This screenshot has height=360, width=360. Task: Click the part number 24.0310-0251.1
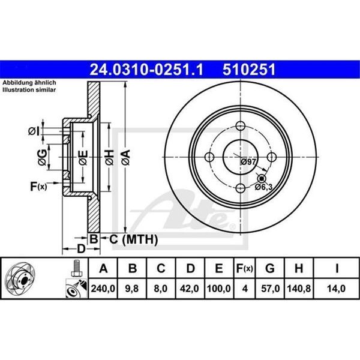tap(146, 70)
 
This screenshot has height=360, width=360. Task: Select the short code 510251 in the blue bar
tap(249, 70)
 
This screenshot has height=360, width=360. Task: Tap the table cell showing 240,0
tap(103, 289)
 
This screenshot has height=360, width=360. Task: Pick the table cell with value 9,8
tap(132, 289)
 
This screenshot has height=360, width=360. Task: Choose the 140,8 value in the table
tap(299, 289)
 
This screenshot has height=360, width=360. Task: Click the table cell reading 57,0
tap(270, 289)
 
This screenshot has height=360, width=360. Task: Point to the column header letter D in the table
tap(190, 268)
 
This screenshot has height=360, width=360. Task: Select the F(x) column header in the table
tap(245, 268)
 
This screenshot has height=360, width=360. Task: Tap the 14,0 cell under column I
tap(336, 289)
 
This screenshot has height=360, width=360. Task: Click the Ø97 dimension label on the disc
tap(248, 162)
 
